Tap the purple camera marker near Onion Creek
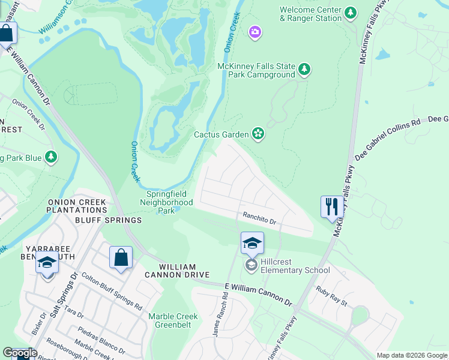[255, 32]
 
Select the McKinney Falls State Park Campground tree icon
[305, 70]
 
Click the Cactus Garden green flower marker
[258, 134]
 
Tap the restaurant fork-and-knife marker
[332, 207]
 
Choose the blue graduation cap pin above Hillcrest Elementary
[252, 243]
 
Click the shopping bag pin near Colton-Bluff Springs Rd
[121, 257]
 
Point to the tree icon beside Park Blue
[51, 157]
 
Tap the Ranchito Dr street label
[259, 218]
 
